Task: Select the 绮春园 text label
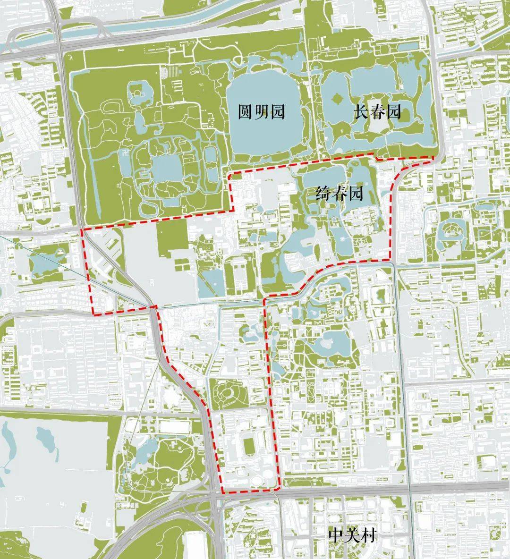coord(339,194)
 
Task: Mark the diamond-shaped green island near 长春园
coord(337,99)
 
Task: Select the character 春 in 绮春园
coord(339,194)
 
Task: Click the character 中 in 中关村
coord(337,535)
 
